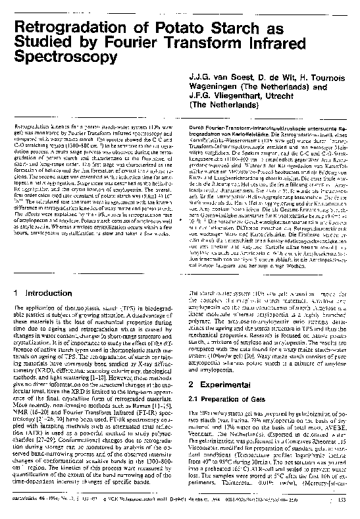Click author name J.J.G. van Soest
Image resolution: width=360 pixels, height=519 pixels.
[x=216, y=75]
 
